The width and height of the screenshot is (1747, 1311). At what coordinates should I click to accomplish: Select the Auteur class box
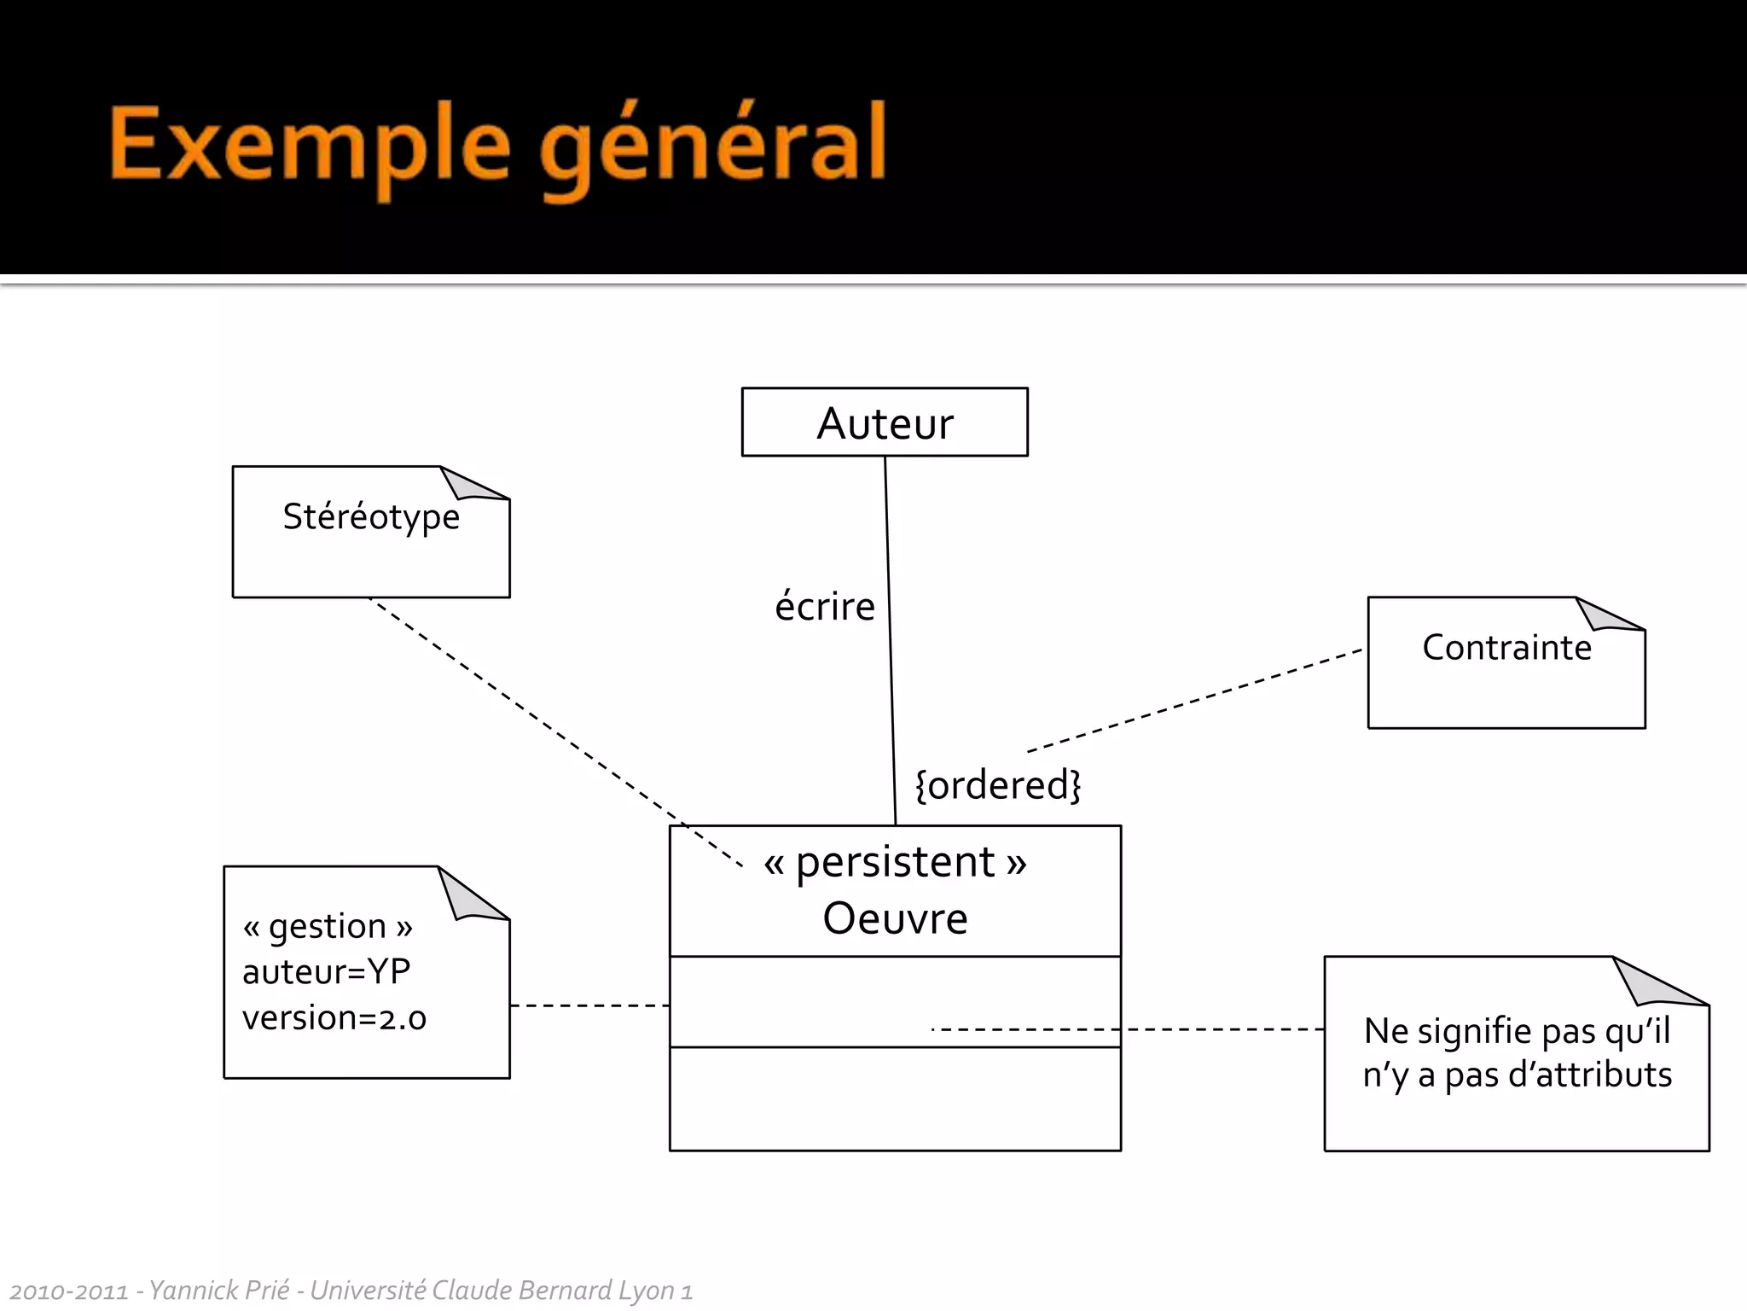pos(885,422)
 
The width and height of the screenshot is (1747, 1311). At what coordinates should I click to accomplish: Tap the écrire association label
pos(824,607)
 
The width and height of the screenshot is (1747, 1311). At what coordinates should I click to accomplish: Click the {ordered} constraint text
pos(997,784)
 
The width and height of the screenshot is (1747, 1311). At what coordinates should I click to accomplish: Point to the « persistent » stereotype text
pos(895,862)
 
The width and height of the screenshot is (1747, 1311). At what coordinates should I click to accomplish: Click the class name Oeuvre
pos(895,918)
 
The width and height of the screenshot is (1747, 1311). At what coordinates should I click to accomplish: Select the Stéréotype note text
pos(371,517)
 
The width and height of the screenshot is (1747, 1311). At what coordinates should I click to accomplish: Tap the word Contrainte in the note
pos(1506,648)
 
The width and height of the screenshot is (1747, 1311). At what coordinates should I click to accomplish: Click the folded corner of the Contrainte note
pos(1607,615)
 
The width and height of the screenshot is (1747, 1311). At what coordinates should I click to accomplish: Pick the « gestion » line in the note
pos(328,926)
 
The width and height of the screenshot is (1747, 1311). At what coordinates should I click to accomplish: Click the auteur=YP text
pos(326,972)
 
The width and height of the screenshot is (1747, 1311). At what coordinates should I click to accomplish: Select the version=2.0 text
pos(334,1018)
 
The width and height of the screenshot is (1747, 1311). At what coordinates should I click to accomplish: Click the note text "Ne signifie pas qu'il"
pos(1517,1031)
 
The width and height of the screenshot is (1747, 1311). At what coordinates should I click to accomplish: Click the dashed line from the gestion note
pos(589,1005)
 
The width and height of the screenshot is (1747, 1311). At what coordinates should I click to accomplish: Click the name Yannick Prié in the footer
pos(219,1290)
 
